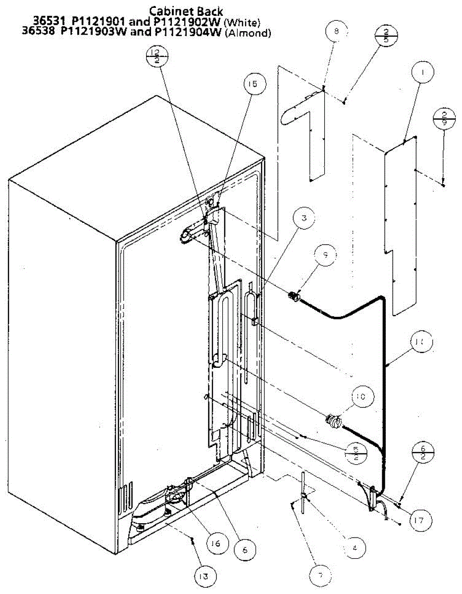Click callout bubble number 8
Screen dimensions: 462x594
(336, 31)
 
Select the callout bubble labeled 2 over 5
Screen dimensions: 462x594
(386, 36)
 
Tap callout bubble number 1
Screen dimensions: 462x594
(422, 72)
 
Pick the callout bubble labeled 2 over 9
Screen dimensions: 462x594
(443, 119)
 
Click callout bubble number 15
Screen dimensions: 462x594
(254, 85)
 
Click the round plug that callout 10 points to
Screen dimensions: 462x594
(332, 422)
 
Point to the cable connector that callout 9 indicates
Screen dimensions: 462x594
(293, 297)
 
